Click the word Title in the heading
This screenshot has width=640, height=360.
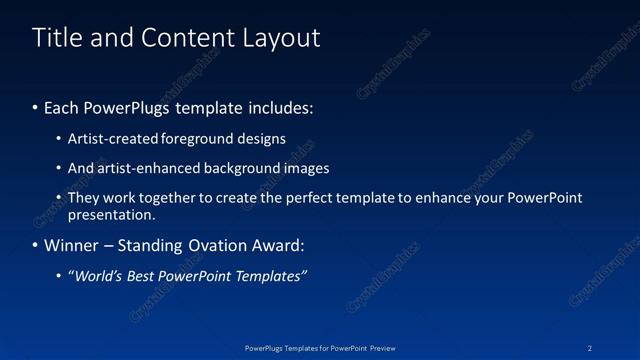[56, 38]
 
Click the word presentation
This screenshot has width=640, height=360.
[110, 214]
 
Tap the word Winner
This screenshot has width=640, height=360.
[70, 246]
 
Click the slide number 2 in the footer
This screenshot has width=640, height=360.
[590, 347]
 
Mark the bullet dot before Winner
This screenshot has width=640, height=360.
[35, 246]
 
